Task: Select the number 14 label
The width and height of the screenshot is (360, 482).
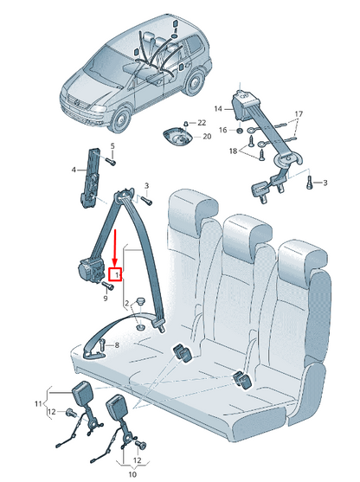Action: click(x=218, y=108)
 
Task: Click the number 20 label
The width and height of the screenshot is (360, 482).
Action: click(x=206, y=136)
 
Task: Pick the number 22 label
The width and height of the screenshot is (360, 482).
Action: click(x=202, y=122)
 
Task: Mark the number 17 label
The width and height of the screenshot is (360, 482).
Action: click(x=298, y=114)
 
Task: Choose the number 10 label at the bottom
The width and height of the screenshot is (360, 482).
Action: click(x=132, y=475)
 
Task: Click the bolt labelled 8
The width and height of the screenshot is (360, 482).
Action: click(x=101, y=345)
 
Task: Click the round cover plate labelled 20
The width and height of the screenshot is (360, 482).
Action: click(x=178, y=138)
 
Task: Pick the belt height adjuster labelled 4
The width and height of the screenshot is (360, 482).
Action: click(x=87, y=184)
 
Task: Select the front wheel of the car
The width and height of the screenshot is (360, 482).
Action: click(x=121, y=120)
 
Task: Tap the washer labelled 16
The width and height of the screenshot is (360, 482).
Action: click(x=240, y=130)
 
